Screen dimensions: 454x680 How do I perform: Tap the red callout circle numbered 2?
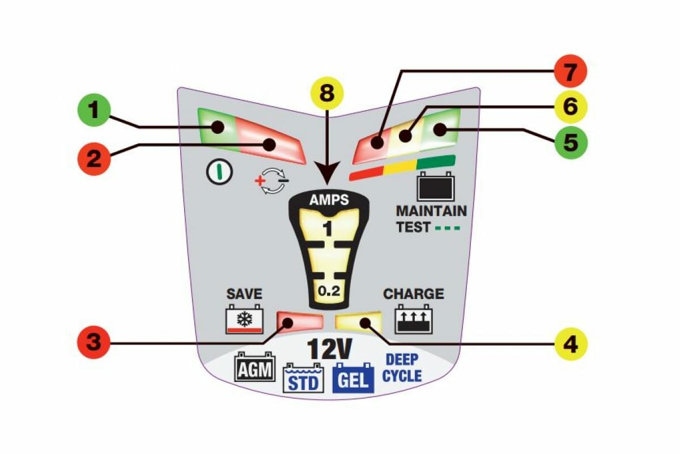click(x=95, y=157)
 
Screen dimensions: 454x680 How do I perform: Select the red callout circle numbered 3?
click(x=95, y=343)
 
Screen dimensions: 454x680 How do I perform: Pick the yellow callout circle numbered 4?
click(x=569, y=343)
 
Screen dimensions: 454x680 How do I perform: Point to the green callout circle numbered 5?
click(x=569, y=142)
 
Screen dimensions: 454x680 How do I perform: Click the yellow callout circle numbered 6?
click(x=569, y=106)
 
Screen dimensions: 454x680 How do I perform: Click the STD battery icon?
click(x=303, y=379)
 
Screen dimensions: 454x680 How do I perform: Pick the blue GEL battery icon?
click(x=354, y=379)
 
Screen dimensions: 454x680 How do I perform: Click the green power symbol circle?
click(x=220, y=173)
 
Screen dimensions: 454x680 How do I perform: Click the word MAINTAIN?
click(x=431, y=211)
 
